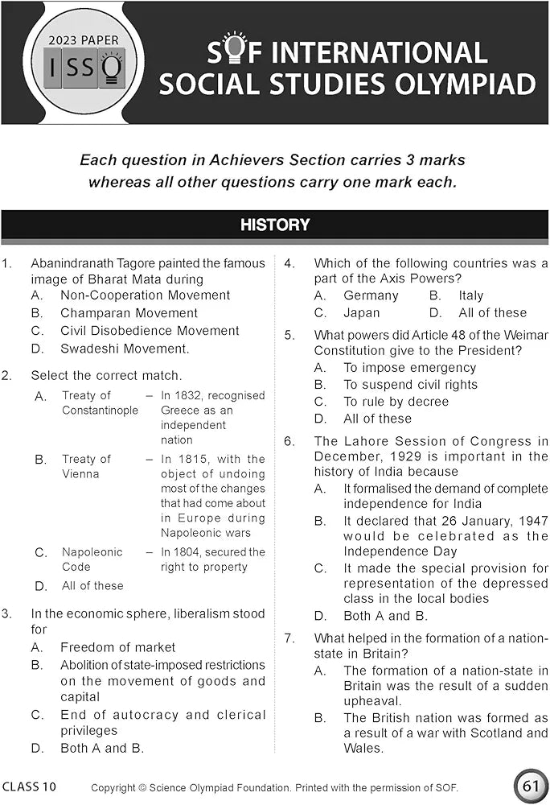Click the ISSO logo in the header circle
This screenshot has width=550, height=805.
84,70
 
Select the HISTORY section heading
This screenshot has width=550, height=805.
275,225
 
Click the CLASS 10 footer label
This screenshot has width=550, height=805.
30,786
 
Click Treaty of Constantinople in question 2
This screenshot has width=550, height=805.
99,402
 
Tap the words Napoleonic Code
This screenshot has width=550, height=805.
92,559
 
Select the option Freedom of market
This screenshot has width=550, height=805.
117,647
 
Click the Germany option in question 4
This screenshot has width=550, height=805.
371,295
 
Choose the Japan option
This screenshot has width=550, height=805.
361,313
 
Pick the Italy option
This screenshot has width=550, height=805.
471,295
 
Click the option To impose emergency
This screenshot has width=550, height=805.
399,367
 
